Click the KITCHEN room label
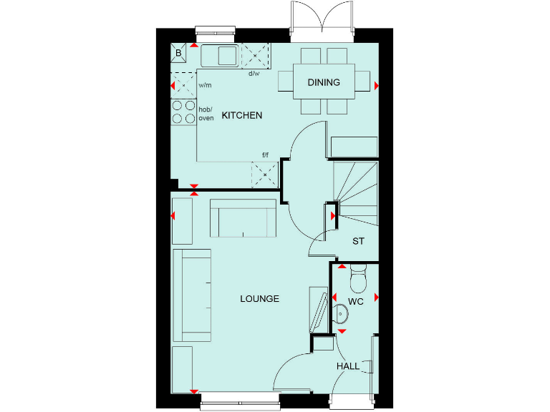point(241,115)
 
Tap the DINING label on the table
point(324,82)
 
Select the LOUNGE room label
point(259,298)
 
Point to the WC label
point(356,301)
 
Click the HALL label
point(348,366)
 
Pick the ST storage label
point(358,241)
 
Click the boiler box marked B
point(178,52)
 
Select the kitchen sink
point(220,54)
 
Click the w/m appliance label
point(205,85)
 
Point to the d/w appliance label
point(254,74)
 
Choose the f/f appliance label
point(265,155)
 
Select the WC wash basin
point(342,313)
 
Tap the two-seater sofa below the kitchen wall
point(243,219)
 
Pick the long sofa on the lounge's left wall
point(191,295)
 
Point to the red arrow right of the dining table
point(377,85)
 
